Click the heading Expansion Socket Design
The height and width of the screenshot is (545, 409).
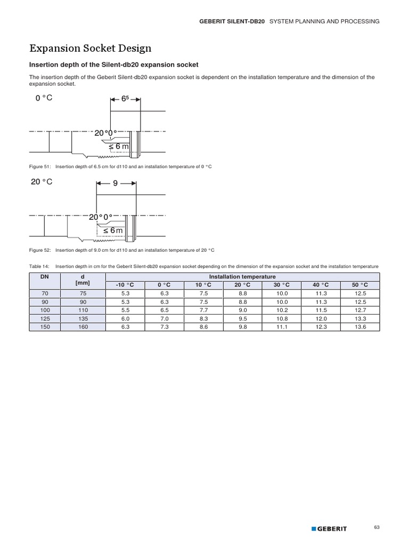(x=90, y=48)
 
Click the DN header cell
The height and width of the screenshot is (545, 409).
(x=45, y=277)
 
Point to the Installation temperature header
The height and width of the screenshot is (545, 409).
(x=242, y=277)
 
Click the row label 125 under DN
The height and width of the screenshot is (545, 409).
(x=45, y=318)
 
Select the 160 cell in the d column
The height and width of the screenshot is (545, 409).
(x=83, y=327)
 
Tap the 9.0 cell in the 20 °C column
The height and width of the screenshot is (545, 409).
(x=242, y=310)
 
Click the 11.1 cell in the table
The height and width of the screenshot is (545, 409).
(x=282, y=327)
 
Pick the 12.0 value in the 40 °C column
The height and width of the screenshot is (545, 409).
(x=321, y=318)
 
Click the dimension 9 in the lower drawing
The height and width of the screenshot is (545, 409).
(x=116, y=183)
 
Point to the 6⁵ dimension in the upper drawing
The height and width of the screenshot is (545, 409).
(x=125, y=99)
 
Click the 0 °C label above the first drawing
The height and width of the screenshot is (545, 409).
(x=43, y=98)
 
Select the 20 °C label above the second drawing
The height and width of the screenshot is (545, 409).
(x=42, y=182)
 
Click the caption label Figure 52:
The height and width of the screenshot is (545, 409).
(x=39, y=250)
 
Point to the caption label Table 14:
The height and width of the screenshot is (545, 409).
(x=39, y=266)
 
